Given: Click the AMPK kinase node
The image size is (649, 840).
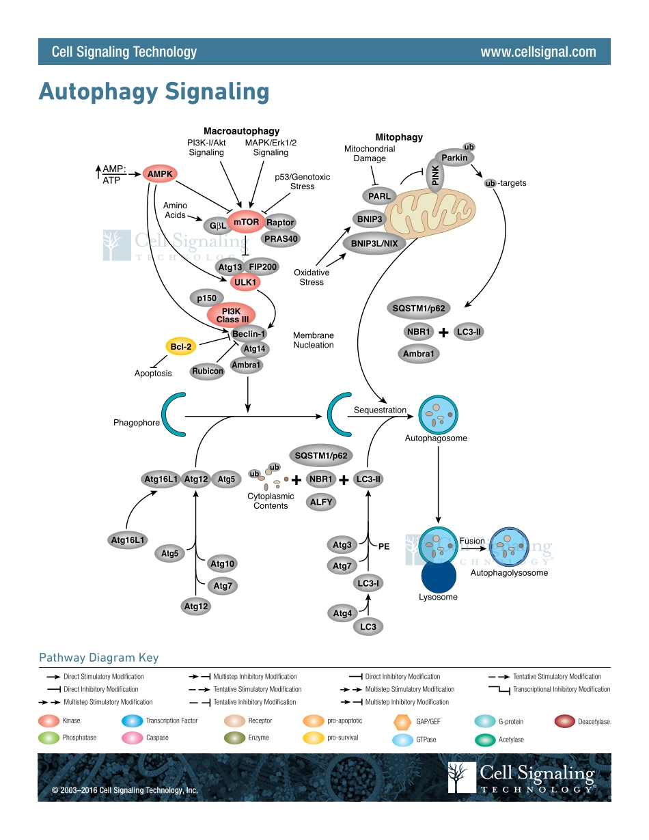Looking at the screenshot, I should coord(161,174).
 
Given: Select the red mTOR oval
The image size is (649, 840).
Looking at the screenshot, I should coord(246,222).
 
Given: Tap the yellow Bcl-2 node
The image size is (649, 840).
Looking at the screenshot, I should coord(181,347).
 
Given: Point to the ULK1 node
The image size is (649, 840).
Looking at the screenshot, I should coord(245,282).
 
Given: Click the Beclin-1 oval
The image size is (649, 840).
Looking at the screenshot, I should coord(249,334).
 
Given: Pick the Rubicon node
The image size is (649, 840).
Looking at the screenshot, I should coord(208,372).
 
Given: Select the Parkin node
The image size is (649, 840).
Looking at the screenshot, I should coord(454,158).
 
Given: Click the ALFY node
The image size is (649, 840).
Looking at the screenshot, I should coord(321,502).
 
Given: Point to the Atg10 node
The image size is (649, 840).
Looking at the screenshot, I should coord(223,564).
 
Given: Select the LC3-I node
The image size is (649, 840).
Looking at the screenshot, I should coord(368,583).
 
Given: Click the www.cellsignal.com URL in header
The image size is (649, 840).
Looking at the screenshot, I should coord(538,52).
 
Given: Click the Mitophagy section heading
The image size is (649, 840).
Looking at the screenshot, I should coord(399,137).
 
